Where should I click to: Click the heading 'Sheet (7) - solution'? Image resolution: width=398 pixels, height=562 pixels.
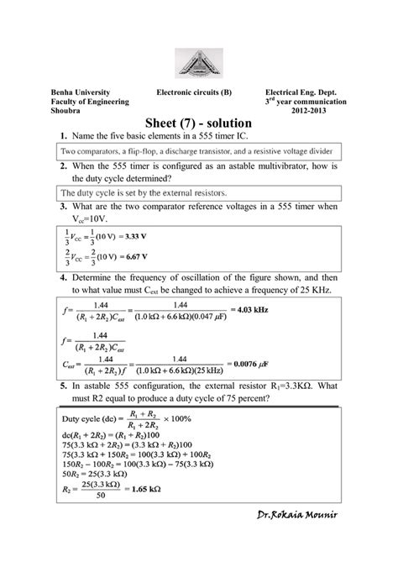[199, 123]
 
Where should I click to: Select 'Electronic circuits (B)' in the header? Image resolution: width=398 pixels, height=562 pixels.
[199, 91]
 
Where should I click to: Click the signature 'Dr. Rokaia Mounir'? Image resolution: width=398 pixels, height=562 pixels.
[297, 537]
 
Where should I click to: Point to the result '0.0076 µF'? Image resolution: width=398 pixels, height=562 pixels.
[256, 362]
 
